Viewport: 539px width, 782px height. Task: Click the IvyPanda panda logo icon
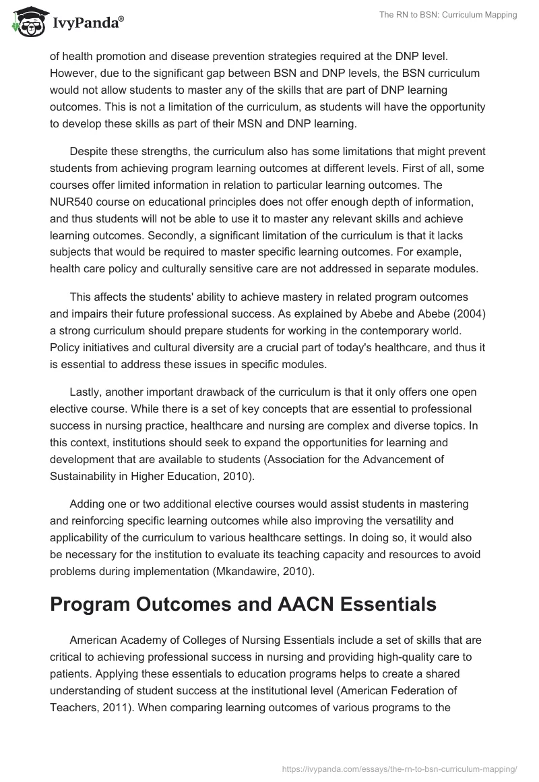click(26, 23)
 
